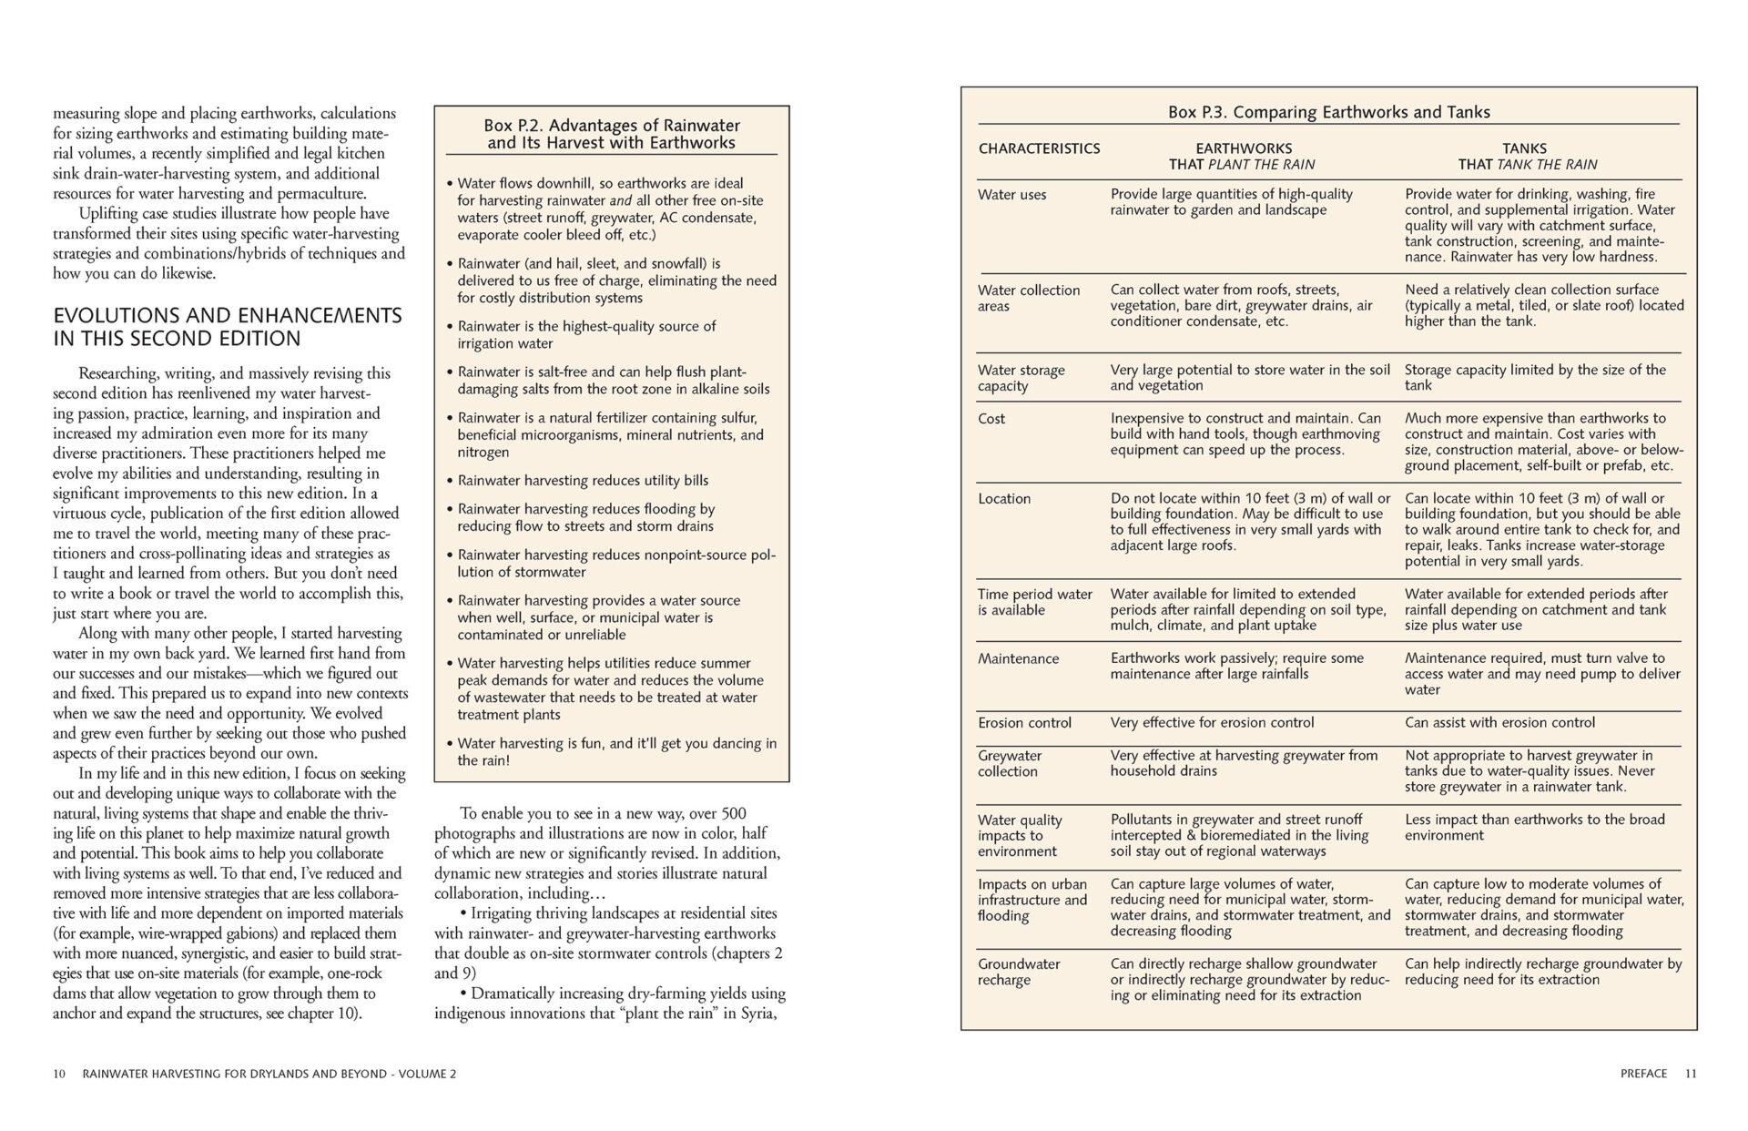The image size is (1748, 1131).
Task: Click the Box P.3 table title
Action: tap(1328, 112)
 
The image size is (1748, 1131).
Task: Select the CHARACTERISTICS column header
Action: tap(1039, 148)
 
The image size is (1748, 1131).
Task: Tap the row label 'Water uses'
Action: tap(1011, 194)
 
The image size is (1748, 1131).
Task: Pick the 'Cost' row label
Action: tap(991, 419)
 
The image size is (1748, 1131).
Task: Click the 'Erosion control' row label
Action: tap(1024, 723)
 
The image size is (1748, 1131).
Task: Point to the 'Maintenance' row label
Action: tap(1018, 658)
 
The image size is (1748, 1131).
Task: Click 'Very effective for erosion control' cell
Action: tap(1212, 723)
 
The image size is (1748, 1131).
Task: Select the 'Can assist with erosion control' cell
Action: tap(1499, 723)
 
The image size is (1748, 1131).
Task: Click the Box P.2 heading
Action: tap(611, 134)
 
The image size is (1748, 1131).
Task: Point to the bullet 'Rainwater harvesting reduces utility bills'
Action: tap(583, 481)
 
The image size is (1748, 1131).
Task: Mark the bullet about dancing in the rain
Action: tap(616, 751)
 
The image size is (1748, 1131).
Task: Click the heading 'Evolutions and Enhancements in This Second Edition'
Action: tap(227, 327)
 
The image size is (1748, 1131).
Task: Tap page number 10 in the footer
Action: tap(59, 1074)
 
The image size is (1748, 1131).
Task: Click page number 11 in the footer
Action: tap(1691, 1074)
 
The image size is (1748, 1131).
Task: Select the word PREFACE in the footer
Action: tap(1643, 1074)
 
